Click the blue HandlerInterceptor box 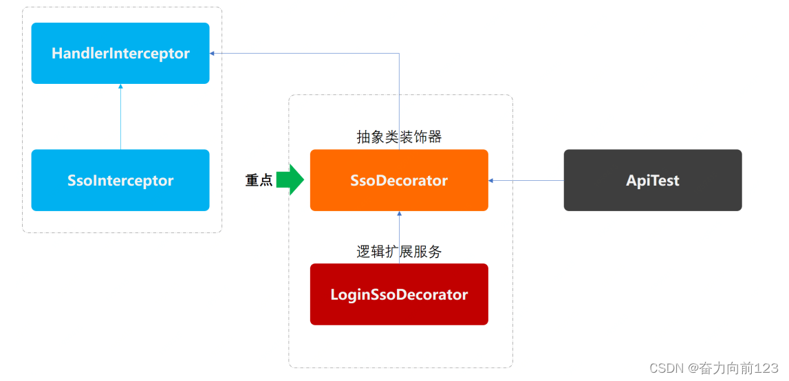point(120,53)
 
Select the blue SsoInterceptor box point(120,180)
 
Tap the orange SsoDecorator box point(399,180)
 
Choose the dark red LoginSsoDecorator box point(399,294)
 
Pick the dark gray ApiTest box point(653,180)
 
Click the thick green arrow point(290,180)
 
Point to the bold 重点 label point(259,181)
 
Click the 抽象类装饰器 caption point(399,137)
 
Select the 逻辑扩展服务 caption point(399,252)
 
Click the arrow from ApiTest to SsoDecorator point(526,180)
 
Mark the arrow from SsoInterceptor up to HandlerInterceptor point(120,117)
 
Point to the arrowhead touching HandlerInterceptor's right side point(213,53)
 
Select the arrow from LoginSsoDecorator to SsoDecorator point(399,237)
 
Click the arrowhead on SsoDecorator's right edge point(491,180)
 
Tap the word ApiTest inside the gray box point(653,180)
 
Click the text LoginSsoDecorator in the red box point(399,294)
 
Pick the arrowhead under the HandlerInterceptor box point(120,87)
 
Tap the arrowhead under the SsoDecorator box point(399,214)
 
